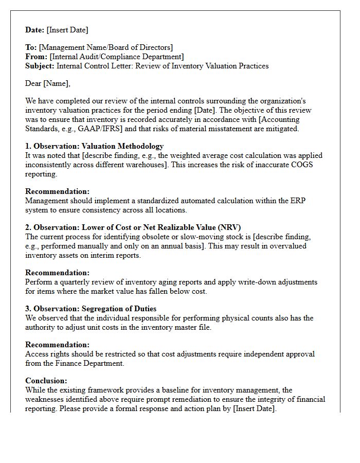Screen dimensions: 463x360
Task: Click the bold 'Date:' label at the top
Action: pos(35,30)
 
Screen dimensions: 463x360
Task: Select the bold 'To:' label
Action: pos(31,47)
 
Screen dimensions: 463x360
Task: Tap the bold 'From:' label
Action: pos(36,57)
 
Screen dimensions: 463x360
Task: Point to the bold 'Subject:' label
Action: pos(40,66)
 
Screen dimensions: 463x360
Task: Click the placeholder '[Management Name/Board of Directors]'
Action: pos(106,47)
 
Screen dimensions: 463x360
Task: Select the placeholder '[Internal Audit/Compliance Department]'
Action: pos(116,57)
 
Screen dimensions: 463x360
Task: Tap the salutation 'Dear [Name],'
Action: pos(48,83)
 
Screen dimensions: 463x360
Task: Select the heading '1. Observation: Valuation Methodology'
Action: pos(95,146)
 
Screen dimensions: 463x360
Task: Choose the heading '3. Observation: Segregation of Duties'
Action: pos(91,309)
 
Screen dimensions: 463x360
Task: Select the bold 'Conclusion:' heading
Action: pos(46,381)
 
